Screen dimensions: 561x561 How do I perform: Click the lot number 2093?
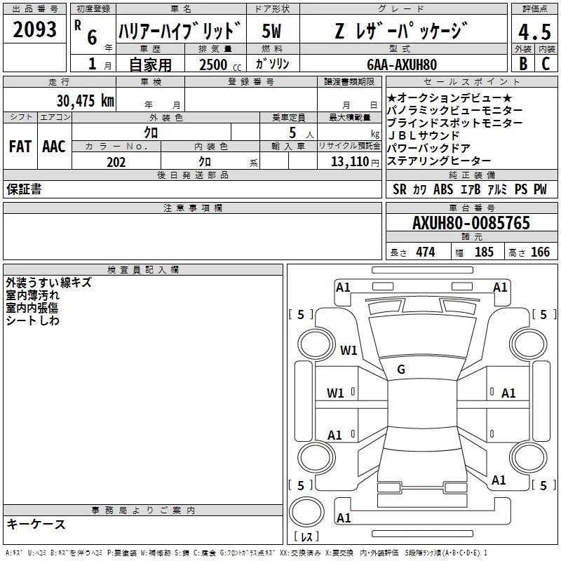(34, 29)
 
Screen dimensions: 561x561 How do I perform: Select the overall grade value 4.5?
(534, 32)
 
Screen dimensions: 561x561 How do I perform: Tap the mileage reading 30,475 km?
(85, 101)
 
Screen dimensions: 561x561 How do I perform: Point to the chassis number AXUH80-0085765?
(471, 223)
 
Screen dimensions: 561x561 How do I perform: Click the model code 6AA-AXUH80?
(402, 65)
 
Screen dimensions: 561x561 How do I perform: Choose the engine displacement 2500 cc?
(220, 65)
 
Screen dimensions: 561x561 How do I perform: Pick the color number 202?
(116, 162)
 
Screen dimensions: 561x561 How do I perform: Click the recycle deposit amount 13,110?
(350, 162)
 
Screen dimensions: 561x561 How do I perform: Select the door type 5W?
(271, 31)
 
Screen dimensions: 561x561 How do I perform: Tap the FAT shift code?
(20, 147)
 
